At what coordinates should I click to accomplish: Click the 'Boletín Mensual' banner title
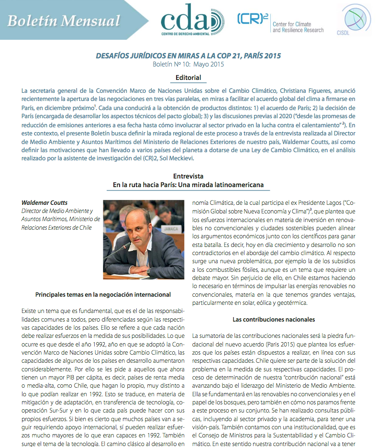pos(64,20)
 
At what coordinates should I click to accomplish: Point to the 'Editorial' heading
pos(188,78)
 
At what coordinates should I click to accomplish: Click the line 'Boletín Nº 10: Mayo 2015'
pos(188,64)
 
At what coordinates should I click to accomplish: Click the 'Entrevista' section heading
pos(188,176)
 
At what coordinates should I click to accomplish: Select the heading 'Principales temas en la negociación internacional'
pos(103,294)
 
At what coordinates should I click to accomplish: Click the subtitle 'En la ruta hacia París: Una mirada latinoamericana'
pos(188,184)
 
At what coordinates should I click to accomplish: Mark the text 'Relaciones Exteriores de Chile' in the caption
pos(56,227)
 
